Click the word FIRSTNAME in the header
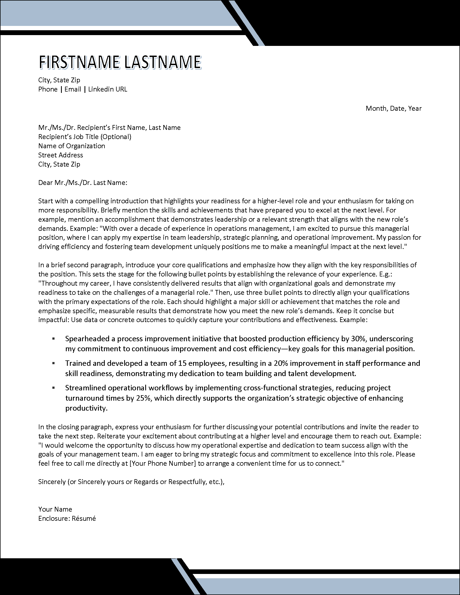pyautogui.click(x=79, y=62)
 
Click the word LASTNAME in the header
pyautogui.click(x=163, y=62)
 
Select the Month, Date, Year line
pyautogui.click(x=393, y=109)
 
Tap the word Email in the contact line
pyautogui.click(x=73, y=89)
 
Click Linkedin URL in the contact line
pyautogui.click(x=108, y=89)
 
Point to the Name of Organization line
pyautogui.click(x=72, y=146)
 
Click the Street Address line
pyautogui.click(x=60, y=155)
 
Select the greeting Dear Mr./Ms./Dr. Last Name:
pyautogui.click(x=83, y=182)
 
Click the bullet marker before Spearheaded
pyautogui.click(x=54, y=339)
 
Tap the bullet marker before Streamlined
pyautogui.click(x=54, y=388)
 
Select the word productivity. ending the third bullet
pyautogui.click(x=86, y=408)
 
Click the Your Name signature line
pyautogui.click(x=55, y=509)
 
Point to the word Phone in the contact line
pyautogui.click(x=48, y=89)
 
